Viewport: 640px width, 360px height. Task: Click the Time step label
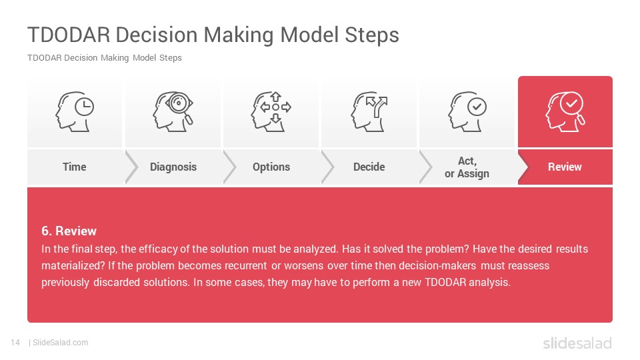point(74,167)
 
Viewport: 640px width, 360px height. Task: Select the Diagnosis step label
point(173,167)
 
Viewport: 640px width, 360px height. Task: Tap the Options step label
point(271,167)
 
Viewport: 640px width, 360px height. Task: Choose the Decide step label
point(369,167)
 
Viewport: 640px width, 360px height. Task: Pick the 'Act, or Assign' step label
point(467,167)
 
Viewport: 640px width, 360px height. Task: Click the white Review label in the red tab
point(565,167)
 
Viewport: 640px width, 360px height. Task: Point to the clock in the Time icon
point(85,107)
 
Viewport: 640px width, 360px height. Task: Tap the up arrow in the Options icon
point(276,96)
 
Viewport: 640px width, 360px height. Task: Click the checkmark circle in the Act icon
point(477,107)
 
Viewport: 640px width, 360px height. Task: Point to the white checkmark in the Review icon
point(571,103)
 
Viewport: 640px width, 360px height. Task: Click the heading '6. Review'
point(69,231)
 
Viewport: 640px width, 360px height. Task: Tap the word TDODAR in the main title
point(69,35)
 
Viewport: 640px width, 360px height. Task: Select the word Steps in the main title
point(372,35)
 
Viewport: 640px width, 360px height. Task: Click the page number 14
point(15,343)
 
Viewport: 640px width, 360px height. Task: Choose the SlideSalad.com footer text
point(61,343)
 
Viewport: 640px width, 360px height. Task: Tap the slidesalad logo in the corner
point(577,343)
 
